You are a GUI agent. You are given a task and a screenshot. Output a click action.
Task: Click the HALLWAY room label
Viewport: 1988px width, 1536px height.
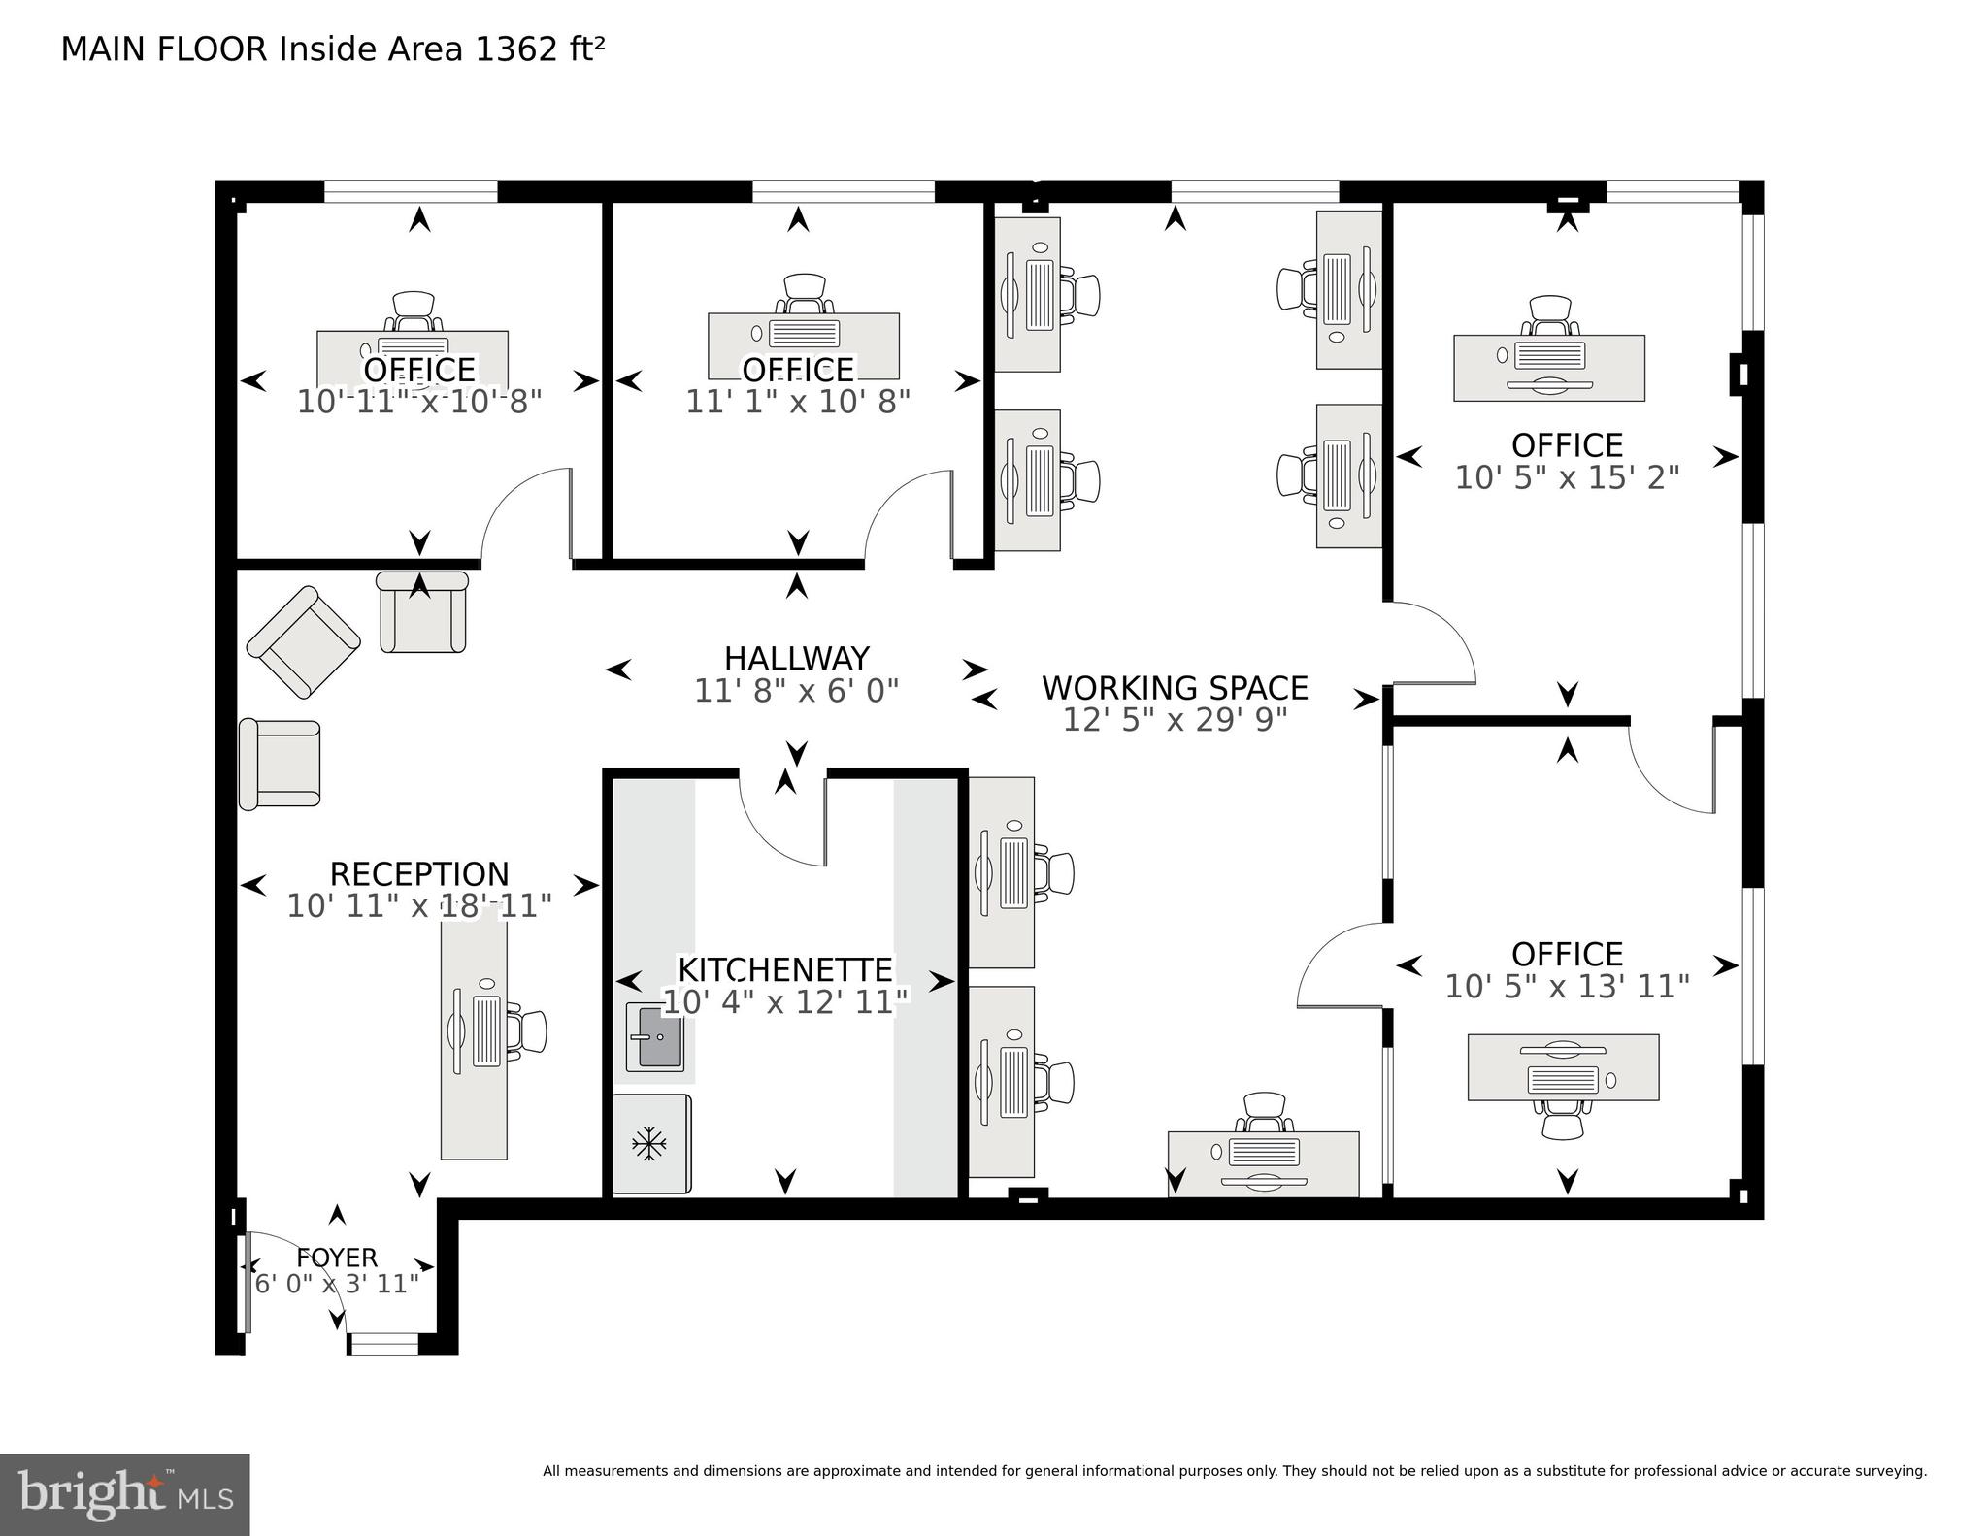tap(796, 659)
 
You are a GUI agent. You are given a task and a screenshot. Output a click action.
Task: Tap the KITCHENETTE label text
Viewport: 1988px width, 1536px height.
tap(784, 969)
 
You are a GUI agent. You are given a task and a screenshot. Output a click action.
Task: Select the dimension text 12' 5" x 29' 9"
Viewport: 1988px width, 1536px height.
tap(1175, 720)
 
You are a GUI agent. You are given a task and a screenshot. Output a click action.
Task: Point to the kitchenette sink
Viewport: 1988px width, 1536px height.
tap(653, 1037)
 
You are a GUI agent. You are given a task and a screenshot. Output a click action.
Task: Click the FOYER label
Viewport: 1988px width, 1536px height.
tap(336, 1258)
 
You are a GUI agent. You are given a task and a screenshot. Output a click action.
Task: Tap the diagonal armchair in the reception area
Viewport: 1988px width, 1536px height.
tap(304, 641)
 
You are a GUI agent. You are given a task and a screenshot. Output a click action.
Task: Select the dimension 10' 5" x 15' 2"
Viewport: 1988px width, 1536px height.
tap(1567, 477)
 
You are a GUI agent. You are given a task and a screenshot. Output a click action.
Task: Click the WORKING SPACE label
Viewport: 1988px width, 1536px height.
tap(1175, 688)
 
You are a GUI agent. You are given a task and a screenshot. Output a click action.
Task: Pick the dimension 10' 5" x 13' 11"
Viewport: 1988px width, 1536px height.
tap(1567, 987)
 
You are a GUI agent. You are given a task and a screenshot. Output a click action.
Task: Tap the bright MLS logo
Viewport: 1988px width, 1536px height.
tap(125, 1494)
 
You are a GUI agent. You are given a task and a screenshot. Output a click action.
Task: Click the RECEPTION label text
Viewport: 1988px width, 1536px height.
tap(419, 874)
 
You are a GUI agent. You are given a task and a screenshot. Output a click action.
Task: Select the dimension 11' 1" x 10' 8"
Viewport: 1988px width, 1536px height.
tap(798, 402)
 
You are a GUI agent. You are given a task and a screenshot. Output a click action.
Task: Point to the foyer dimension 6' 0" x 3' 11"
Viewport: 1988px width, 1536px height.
tap(336, 1284)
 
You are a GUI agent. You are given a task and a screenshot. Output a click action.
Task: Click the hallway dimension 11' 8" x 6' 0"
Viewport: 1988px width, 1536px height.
tap(796, 691)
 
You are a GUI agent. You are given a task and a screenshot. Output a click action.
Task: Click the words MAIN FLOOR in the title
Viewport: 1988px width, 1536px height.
tap(163, 49)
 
